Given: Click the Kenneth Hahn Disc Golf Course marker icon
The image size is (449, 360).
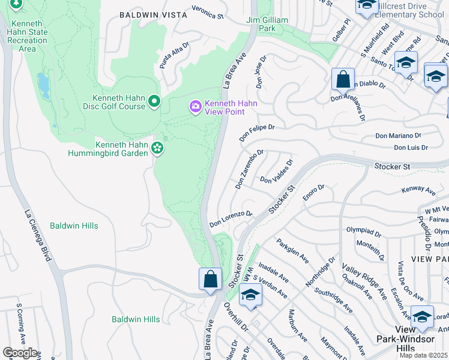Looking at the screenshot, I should [x=154, y=101].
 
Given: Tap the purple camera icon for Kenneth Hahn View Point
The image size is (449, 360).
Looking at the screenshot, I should [x=195, y=107].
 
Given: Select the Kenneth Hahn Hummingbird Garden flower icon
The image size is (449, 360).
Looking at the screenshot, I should [x=157, y=148].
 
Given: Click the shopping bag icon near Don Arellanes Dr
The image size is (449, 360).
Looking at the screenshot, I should [x=342, y=79].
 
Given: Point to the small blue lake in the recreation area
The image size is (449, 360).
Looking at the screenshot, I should [x=43, y=86].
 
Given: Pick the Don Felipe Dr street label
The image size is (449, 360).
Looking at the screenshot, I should [x=256, y=133].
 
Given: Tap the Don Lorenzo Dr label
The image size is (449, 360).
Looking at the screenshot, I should [x=231, y=219].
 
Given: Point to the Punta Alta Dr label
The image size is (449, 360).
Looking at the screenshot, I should [x=173, y=56].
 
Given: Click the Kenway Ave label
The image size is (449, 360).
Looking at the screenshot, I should [x=418, y=190].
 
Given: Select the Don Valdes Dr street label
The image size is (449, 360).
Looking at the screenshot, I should [x=276, y=172].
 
